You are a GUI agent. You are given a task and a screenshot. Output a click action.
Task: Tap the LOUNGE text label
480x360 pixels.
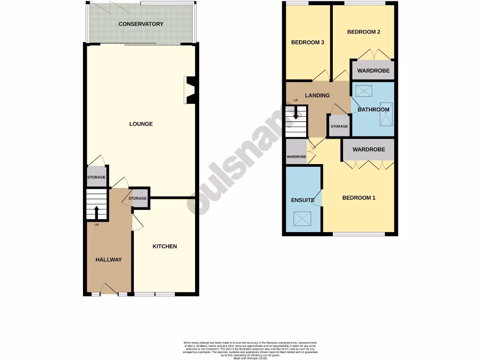141,124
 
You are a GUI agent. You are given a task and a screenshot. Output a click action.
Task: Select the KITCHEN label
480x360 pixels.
165,247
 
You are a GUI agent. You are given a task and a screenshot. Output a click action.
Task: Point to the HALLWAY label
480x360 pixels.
109,260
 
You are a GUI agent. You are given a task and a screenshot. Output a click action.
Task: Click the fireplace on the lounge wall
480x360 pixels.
190,90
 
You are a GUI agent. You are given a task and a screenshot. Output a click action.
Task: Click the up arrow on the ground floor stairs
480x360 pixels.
97,212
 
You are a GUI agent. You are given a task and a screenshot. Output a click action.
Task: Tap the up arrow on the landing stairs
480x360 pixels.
296,112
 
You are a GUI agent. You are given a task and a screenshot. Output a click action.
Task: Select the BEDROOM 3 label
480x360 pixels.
307,43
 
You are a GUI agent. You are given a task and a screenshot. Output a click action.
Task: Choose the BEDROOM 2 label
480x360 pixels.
363,32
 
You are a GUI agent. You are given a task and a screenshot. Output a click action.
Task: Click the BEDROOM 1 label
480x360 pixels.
359,198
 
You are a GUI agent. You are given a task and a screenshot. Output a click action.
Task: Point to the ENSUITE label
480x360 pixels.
303,200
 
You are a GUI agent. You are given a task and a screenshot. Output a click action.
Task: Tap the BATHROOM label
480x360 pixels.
373,110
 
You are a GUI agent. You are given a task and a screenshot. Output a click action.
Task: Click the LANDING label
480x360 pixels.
317,96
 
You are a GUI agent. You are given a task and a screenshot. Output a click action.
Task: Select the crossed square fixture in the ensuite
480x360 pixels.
302,218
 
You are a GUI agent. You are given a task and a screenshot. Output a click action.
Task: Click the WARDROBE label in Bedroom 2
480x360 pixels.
373,71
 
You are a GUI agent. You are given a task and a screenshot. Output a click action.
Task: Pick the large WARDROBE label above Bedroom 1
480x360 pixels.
368,150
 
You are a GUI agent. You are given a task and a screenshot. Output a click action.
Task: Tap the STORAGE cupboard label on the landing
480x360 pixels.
339,127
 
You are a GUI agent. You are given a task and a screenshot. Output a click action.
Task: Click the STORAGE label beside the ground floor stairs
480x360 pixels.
96,178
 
